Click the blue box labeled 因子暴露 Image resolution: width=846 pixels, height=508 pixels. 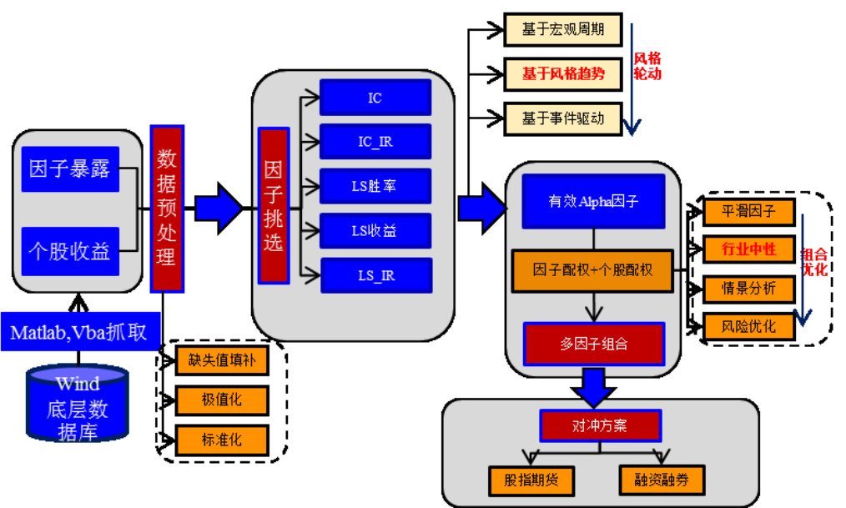70,169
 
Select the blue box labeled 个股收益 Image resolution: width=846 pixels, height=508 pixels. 70,250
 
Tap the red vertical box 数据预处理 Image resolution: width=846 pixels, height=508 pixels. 167,209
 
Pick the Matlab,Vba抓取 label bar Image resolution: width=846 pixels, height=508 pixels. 79,333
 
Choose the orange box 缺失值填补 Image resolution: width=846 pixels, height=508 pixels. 222,360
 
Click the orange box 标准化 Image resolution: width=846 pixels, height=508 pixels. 222,440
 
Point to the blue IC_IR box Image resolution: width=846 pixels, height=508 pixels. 375,142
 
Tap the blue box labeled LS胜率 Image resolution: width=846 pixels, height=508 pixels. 375,186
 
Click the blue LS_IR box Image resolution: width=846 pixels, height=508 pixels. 375,275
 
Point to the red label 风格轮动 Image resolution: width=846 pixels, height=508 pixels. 647,66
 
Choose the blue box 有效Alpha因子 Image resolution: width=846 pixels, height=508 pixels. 593,201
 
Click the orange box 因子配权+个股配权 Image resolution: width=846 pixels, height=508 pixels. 593,270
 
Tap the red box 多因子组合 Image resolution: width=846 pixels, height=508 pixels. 593,343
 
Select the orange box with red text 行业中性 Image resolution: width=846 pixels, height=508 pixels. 748,249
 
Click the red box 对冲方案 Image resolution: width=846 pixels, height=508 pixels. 600,426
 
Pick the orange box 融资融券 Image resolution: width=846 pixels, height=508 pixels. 662,480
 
